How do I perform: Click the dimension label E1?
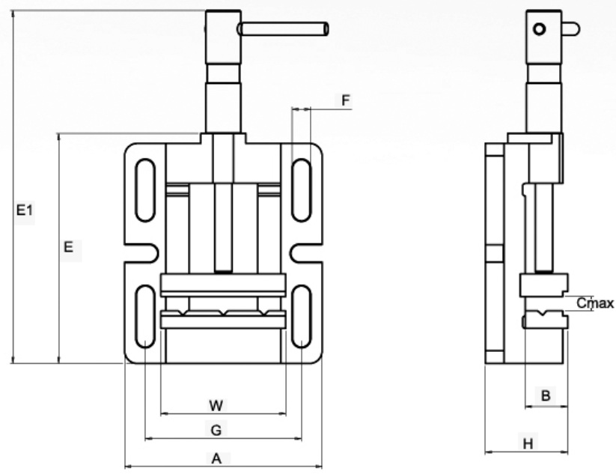point(25,212)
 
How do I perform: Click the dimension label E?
point(68,246)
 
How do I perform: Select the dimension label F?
point(345,100)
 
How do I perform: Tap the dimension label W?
point(216,405)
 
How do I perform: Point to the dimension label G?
point(216,430)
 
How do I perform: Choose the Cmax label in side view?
point(596,303)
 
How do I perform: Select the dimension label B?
point(546,395)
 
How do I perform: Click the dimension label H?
point(527,443)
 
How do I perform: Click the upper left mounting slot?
point(143,190)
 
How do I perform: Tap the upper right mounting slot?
point(301,190)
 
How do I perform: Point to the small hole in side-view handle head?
point(539,29)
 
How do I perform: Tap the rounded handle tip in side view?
point(571,29)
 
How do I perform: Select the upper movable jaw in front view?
point(223,285)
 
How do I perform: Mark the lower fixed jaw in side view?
point(545,320)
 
